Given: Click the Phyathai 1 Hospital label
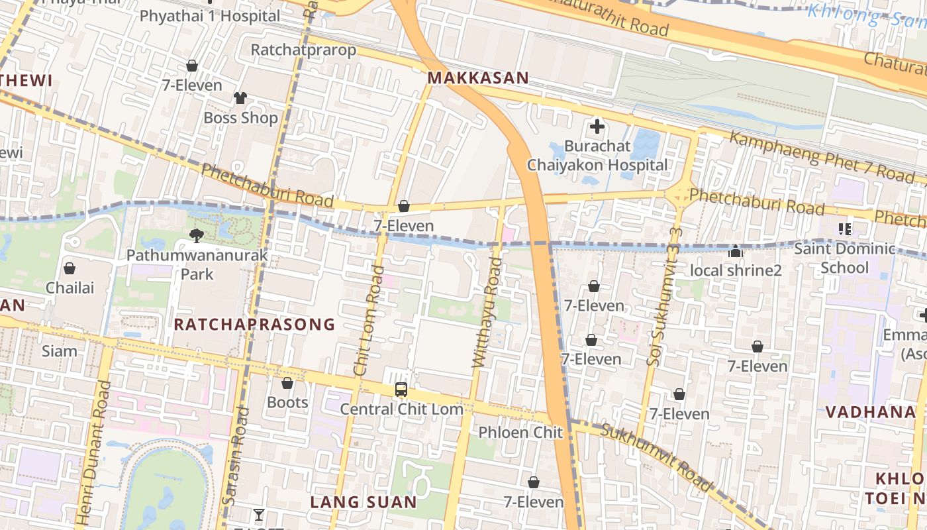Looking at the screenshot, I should pos(210,15).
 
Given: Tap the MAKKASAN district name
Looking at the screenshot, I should pos(478,78).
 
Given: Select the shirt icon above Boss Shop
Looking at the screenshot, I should pos(240,98).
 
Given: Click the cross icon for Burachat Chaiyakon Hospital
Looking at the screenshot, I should pos(597,127).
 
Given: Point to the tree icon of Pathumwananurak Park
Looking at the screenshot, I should pos(197,235).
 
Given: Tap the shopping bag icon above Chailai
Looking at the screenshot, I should pos(70,268).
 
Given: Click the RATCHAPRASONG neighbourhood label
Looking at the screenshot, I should pos(254,324).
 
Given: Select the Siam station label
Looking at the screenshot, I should pos(60,350).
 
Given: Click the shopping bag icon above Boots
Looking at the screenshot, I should pos(287,383).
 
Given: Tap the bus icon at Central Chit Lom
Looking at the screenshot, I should pos(401,390).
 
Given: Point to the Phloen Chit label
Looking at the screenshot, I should pos(520,433).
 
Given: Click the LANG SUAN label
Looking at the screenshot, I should pos(364,502).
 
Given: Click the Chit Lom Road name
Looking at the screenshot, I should pos(369,321).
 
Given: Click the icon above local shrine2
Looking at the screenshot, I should pos(736,251).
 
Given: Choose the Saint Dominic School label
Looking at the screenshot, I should pos(844,258).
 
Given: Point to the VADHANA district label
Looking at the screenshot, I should pos(870,412).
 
